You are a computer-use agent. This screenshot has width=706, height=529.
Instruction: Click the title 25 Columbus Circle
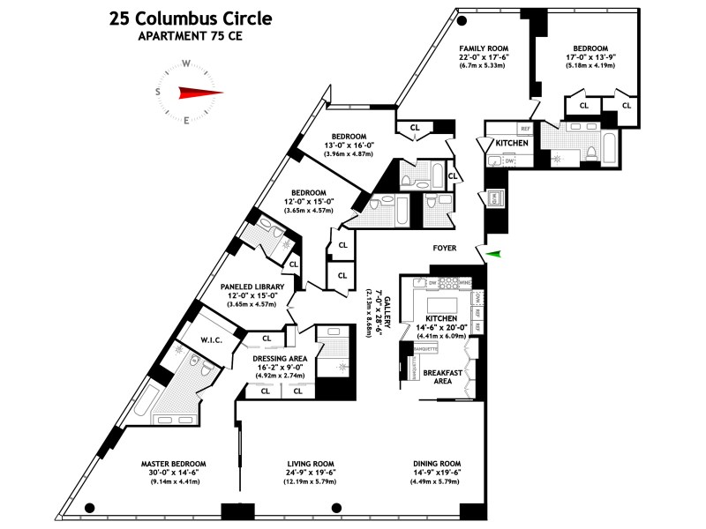[191, 18]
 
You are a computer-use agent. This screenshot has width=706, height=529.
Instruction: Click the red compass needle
[199, 92]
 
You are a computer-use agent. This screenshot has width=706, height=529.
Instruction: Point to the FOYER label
[444, 249]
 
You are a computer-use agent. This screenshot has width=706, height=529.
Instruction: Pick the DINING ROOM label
[438, 464]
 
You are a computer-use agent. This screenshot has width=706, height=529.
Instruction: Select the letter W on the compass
[187, 63]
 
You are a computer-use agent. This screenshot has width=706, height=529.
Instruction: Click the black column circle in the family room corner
[462, 21]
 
